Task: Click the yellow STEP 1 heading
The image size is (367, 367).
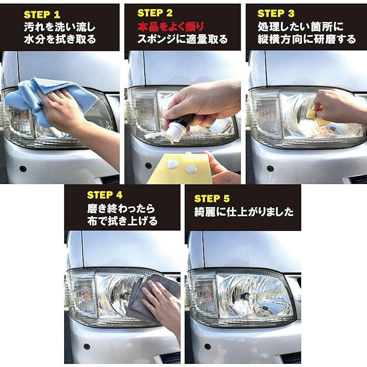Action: pos(42,14)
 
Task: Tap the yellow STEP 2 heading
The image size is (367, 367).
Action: pos(155,13)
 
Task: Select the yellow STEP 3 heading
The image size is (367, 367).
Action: pos(276,13)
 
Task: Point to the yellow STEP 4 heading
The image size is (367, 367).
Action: pos(104,195)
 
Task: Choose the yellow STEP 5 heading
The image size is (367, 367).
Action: pos(212,198)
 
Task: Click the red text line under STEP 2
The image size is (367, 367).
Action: pos(171,27)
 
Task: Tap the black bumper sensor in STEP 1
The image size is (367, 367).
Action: pos(23,169)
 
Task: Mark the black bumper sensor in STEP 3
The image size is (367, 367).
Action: pos(270,168)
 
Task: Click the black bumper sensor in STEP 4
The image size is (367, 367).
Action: pos(87,347)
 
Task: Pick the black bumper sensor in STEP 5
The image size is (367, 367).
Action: pos(207,347)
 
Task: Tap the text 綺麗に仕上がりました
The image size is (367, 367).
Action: pos(244,212)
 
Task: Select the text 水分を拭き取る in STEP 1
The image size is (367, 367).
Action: pos(60,39)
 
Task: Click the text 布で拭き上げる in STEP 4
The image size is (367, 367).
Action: pos(122,221)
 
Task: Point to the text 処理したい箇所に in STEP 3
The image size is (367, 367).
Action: pos(300,27)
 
